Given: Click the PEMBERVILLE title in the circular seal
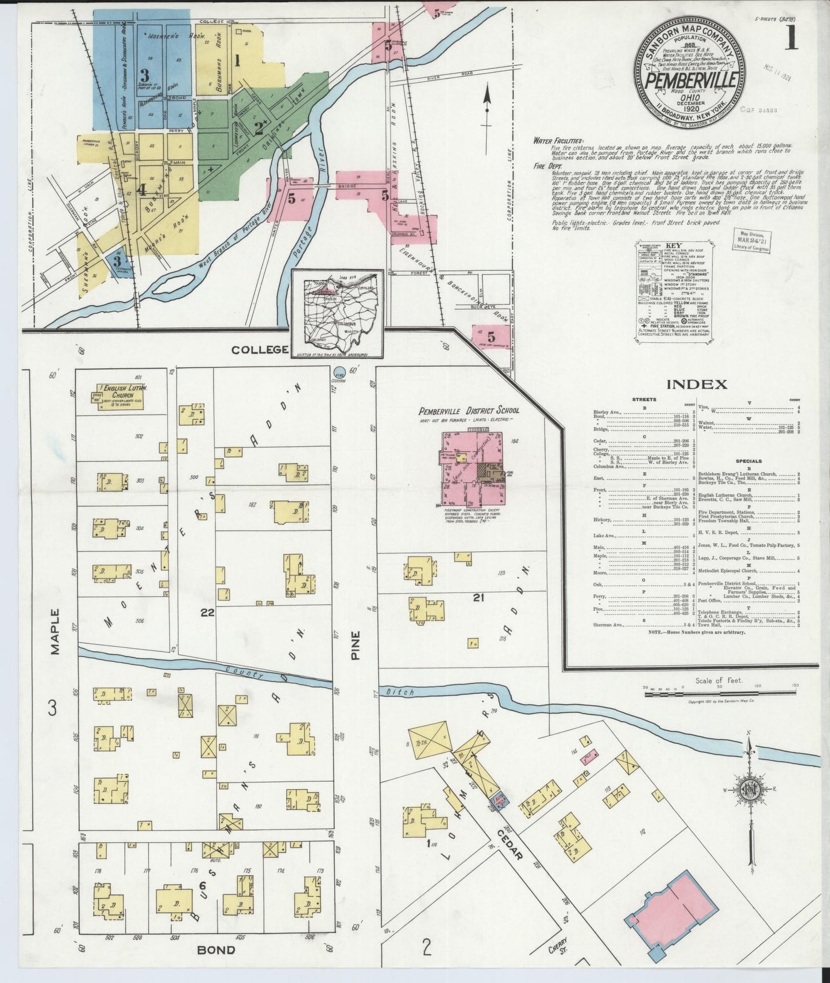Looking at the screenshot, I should pyautogui.click(x=691, y=80).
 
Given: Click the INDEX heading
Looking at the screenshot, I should pyautogui.click(x=696, y=385).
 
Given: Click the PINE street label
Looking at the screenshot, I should pyautogui.click(x=356, y=645).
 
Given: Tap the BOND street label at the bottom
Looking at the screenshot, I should pyautogui.click(x=216, y=950).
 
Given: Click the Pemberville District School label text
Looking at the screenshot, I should pyautogui.click(x=469, y=410).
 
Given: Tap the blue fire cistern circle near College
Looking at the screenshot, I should pyautogui.click(x=340, y=372).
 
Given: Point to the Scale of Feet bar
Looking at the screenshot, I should pyautogui.click(x=718, y=694).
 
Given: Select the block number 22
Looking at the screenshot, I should pyautogui.click(x=207, y=613).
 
